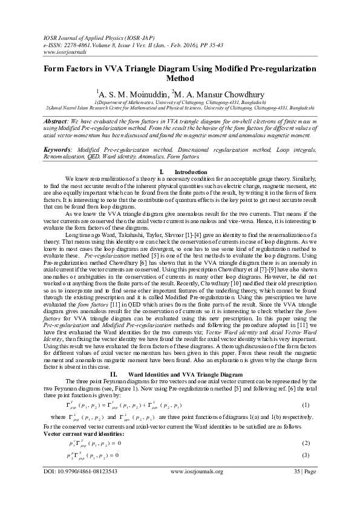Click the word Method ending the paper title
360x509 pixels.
pyautogui.click(x=180, y=78)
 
